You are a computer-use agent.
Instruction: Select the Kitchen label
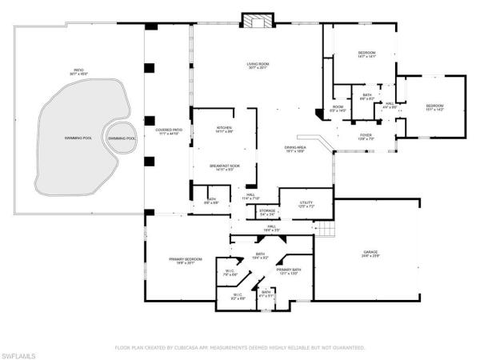click(x=224, y=130)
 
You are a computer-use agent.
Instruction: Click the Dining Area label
click(x=296, y=150)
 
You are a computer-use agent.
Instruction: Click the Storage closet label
click(x=268, y=213)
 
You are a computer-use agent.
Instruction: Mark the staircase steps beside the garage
click(x=324, y=231)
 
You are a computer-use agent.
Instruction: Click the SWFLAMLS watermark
click(x=19, y=353)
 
